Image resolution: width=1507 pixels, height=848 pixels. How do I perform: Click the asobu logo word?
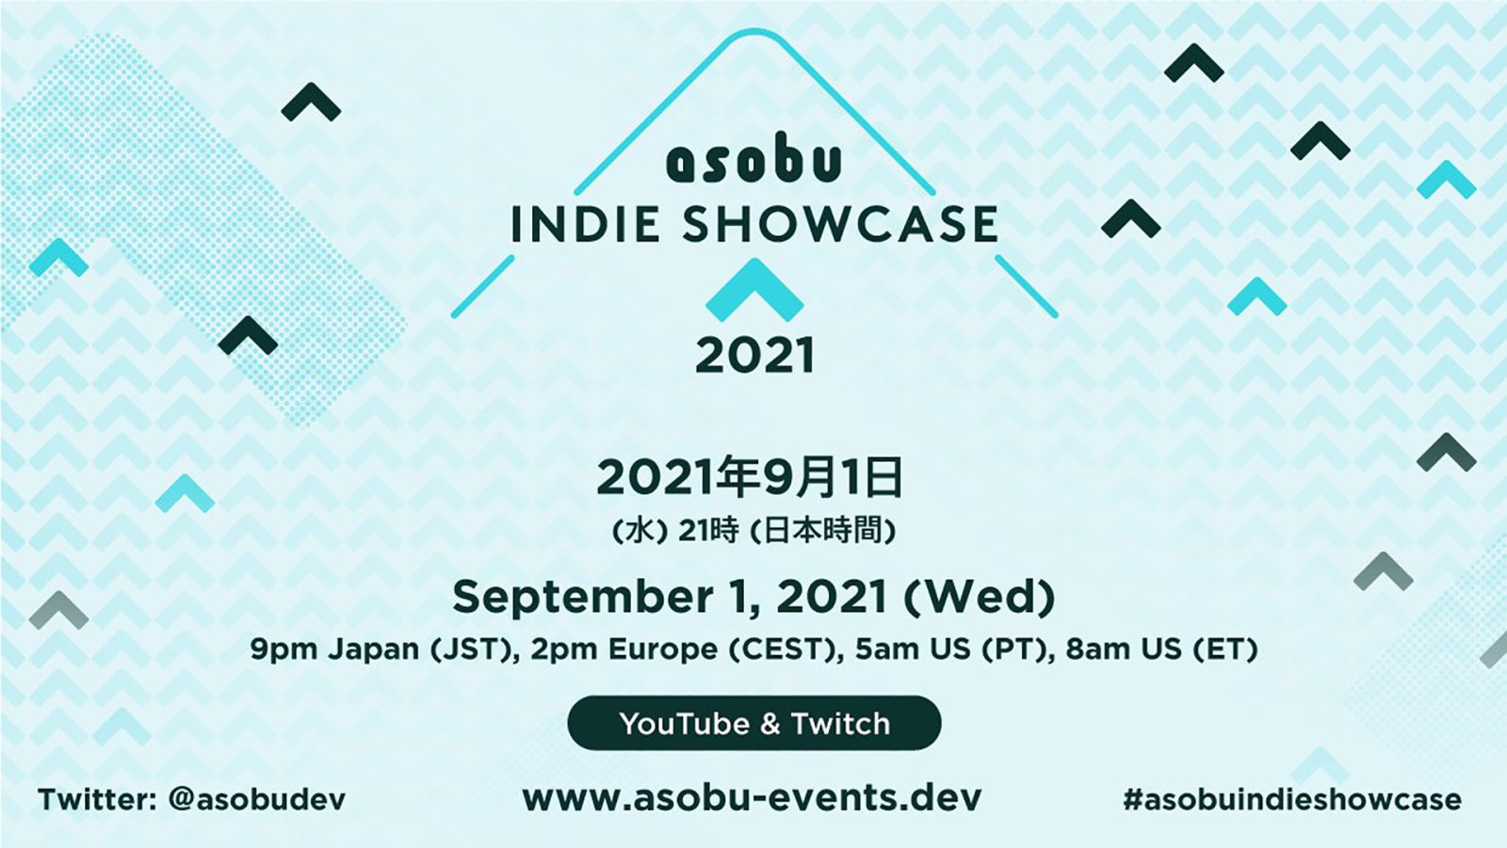(753, 162)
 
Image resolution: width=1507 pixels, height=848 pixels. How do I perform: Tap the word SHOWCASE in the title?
(839, 225)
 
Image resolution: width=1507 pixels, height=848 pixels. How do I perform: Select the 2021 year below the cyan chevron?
(754, 356)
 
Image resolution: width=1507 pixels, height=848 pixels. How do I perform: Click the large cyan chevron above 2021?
(754, 289)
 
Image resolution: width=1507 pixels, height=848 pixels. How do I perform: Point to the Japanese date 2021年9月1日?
(750, 477)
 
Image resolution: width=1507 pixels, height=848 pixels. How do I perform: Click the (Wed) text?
(979, 597)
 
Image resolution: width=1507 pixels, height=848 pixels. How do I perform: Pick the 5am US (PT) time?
(954, 649)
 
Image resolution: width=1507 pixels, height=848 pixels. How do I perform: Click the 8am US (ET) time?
(1161, 649)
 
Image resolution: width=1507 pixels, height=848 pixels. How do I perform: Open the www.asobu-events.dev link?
(752, 798)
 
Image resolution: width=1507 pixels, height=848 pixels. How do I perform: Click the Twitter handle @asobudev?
(256, 800)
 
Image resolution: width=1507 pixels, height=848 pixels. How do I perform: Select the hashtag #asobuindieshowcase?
(1291, 800)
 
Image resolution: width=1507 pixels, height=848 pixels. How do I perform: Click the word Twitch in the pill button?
(840, 724)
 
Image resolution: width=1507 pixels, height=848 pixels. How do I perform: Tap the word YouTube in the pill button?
(684, 724)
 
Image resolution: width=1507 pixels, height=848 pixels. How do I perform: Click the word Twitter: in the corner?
(97, 800)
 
